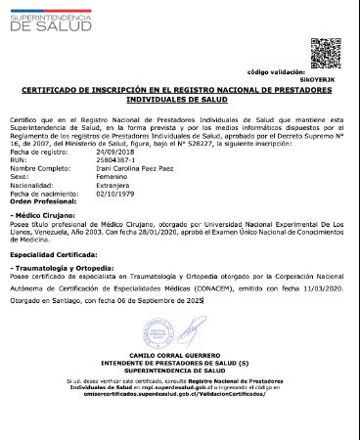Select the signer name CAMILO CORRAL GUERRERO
click(178, 353)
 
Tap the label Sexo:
click(19, 176)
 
